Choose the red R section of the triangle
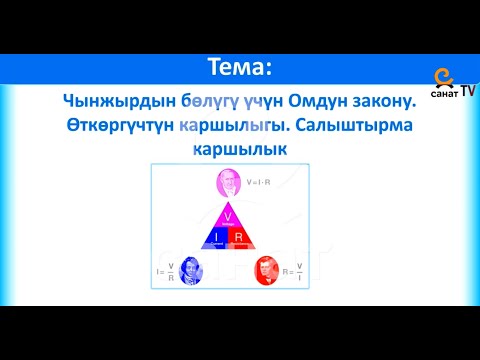point(241,237)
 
